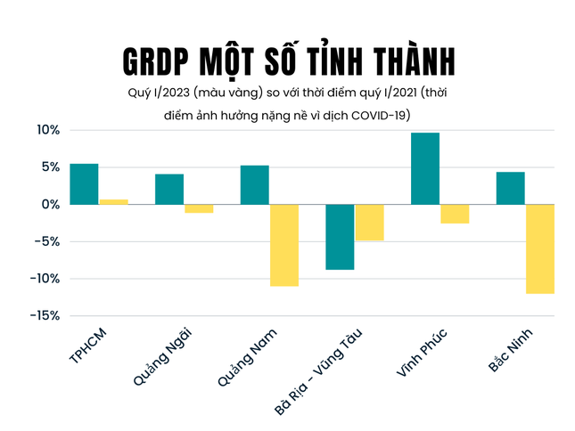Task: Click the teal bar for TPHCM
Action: pyautogui.click(x=84, y=184)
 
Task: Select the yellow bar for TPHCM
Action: pyautogui.click(x=113, y=201)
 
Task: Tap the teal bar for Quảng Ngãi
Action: pyautogui.click(x=169, y=189)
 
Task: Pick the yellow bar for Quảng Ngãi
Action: pyautogui.click(x=199, y=208)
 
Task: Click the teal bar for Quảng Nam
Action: pyautogui.click(x=255, y=184)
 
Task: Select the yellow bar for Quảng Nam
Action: pyautogui.click(x=284, y=245)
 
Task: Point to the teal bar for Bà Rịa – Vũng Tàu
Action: pyautogui.click(x=340, y=237)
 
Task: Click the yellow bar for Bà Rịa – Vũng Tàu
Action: pyautogui.click(x=369, y=223)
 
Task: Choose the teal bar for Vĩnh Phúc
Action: pyautogui.click(x=425, y=168)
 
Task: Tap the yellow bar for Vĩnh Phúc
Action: pyautogui.click(x=455, y=214)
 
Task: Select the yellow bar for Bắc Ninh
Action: pyautogui.click(x=540, y=248)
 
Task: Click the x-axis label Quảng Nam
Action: pyautogui.click(x=249, y=356)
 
